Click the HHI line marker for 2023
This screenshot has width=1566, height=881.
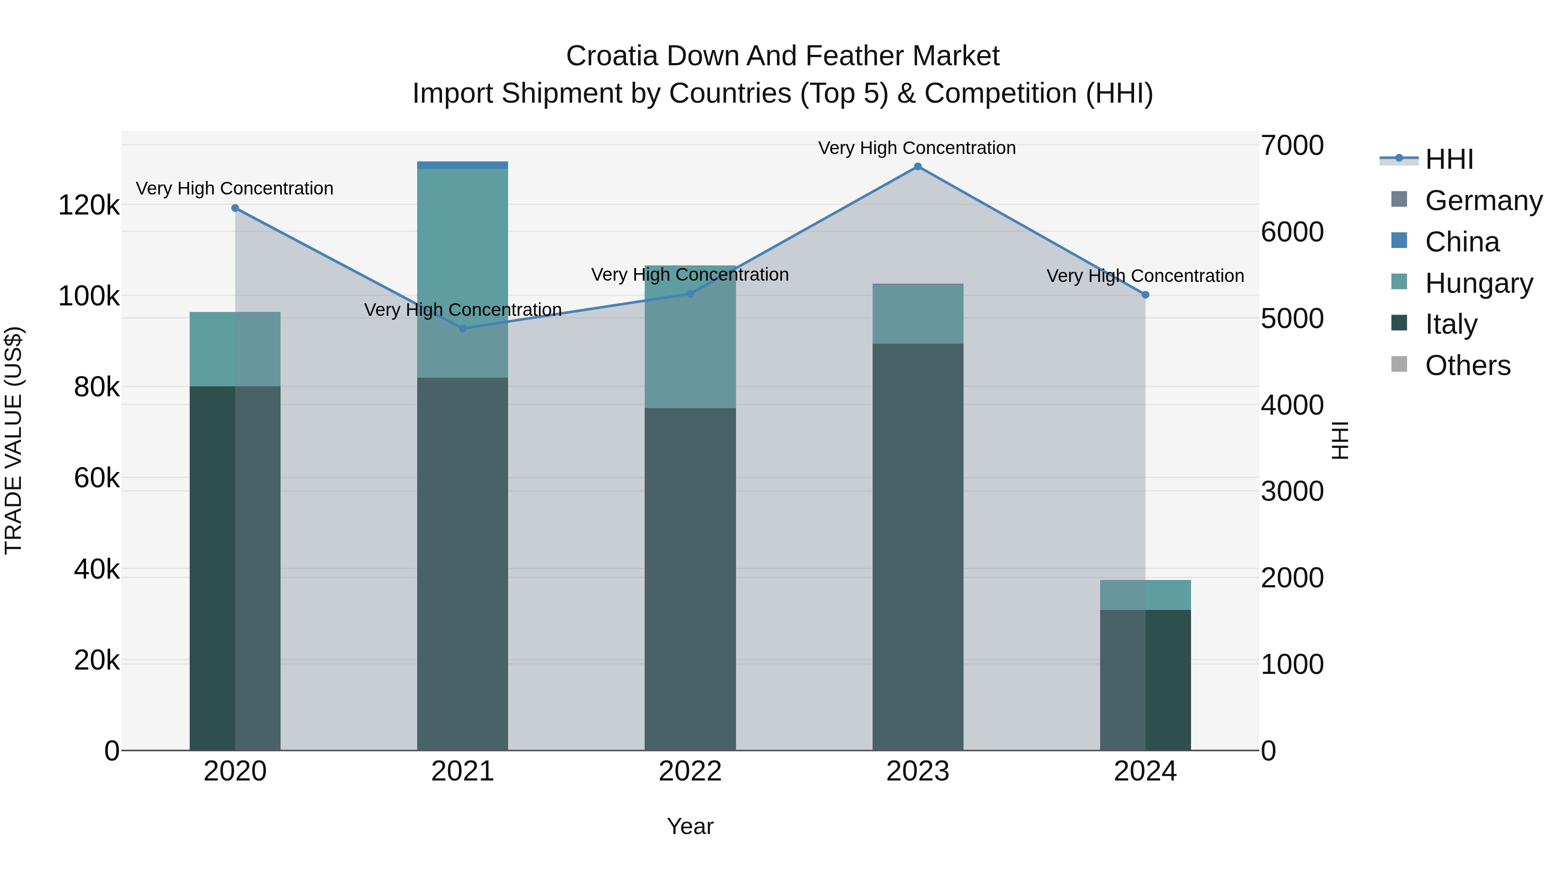[x=917, y=167]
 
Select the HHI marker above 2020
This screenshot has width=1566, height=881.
[x=235, y=208]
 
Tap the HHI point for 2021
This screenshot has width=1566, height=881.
[x=463, y=328]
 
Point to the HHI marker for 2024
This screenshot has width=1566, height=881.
[x=1145, y=295]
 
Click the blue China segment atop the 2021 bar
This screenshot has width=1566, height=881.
[x=463, y=165]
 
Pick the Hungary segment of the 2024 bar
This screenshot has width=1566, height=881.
[x=1145, y=595]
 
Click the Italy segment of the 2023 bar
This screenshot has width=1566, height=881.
[x=917, y=547]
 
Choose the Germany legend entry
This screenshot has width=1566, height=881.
[x=1483, y=201]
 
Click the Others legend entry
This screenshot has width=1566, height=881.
[x=1468, y=365]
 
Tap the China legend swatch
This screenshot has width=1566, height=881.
[x=1399, y=241]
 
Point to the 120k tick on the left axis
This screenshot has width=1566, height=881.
[x=89, y=205]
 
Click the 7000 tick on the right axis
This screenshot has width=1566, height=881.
[x=1292, y=146]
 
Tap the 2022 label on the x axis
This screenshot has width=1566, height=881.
[x=690, y=771]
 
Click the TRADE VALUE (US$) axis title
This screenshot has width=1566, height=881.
[x=13, y=441]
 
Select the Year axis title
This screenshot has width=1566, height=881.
[x=690, y=826]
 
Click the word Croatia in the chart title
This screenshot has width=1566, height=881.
[x=612, y=56]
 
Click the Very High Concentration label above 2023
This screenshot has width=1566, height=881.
[x=917, y=148]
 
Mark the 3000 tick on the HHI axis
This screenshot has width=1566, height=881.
[x=1292, y=491]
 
